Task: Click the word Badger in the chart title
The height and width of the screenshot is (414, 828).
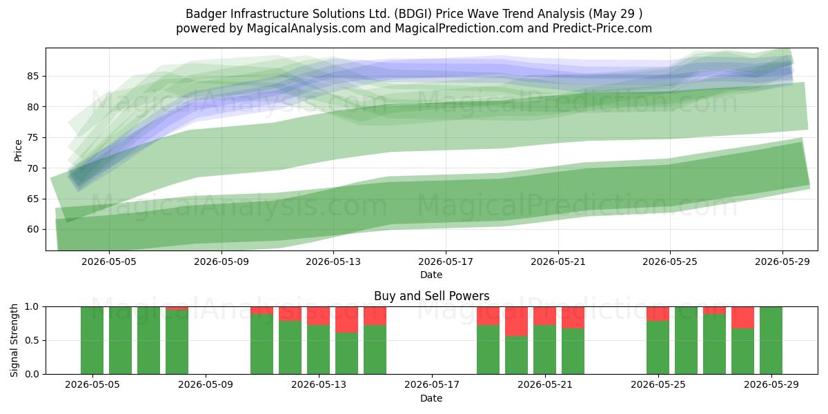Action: point(206,14)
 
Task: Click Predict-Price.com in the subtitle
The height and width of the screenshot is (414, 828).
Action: point(602,28)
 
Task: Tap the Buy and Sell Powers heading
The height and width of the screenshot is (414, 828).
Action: point(431,296)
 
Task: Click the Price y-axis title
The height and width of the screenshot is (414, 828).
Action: point(18,150)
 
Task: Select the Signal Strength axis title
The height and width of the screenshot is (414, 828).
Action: point(14,340)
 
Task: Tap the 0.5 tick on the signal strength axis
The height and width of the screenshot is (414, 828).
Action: point(32,340)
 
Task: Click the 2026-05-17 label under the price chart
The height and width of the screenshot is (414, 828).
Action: point(446,262)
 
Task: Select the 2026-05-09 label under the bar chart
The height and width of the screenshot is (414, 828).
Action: point(205,385)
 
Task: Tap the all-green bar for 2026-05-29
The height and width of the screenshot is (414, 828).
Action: point(771,340)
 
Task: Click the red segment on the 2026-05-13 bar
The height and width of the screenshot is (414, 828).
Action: point(318,316)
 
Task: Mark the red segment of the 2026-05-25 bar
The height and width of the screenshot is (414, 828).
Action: point(658,314)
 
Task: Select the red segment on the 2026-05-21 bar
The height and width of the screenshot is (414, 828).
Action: point(544,316)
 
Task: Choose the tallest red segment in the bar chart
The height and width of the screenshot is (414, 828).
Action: point(516,322)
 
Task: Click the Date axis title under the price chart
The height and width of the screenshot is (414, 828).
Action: point(431,275)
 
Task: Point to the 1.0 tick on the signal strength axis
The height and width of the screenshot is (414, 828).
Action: point(32,307)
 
